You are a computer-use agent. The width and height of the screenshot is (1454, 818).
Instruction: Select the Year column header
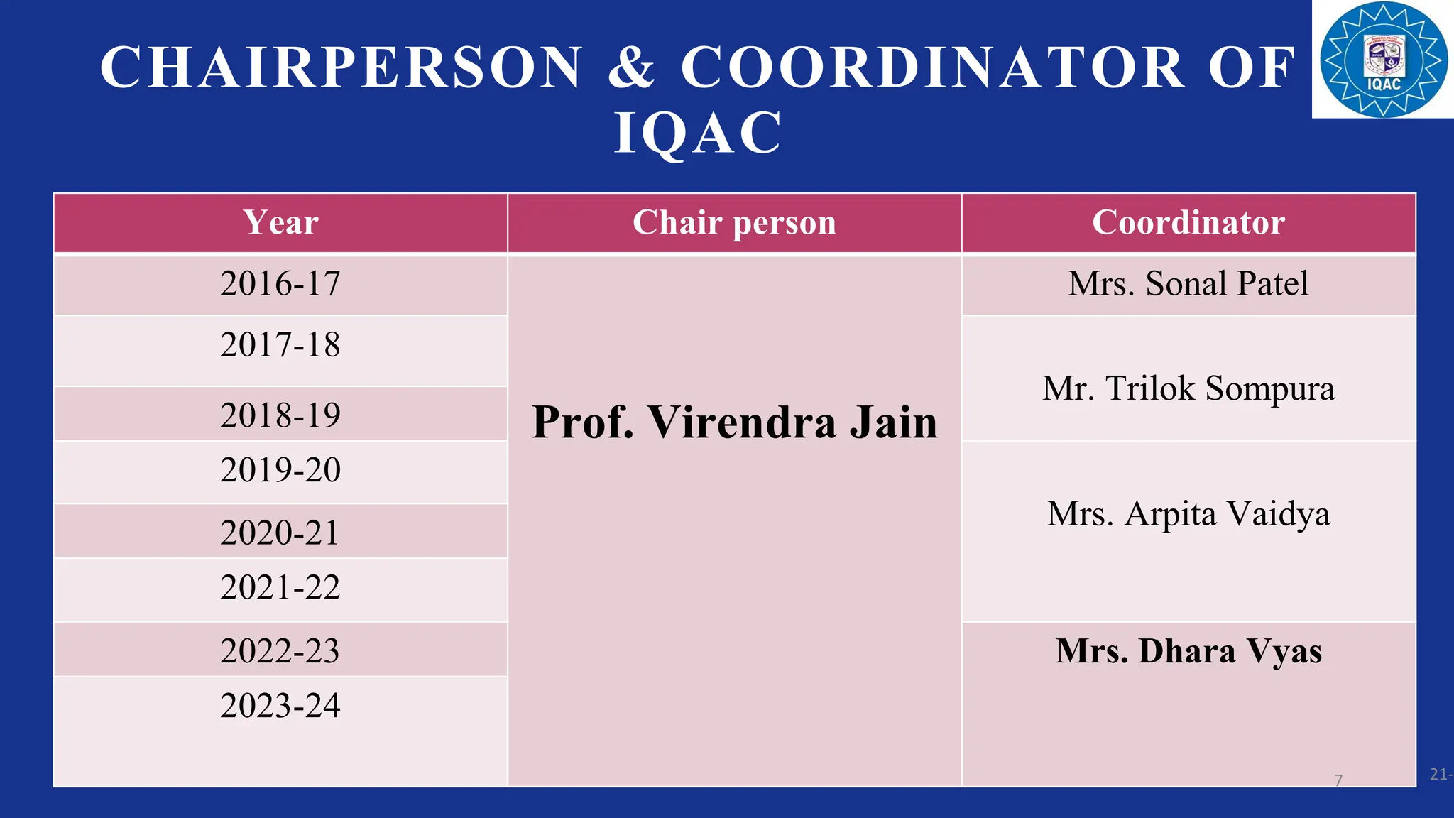click(280, 222)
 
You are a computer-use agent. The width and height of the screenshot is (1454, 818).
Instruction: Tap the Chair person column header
click(734, 222)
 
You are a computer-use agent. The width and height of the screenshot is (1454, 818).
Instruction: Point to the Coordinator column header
click(1188, 222)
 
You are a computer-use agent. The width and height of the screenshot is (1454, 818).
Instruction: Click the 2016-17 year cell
click(280, 283)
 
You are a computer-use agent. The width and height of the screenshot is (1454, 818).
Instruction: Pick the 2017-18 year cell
click(280, 345)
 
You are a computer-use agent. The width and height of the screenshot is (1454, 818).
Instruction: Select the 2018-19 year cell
click(280, 415)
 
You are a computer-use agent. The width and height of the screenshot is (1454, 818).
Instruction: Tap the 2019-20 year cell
click(280, 470)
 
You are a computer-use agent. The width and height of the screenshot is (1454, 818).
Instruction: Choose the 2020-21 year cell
click(280, 533)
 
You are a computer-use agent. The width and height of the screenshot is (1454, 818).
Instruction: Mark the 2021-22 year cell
click(280, 588)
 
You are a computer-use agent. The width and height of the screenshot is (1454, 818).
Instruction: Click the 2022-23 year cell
click(280, 651)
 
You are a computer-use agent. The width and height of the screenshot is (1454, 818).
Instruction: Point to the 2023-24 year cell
click(280, 706)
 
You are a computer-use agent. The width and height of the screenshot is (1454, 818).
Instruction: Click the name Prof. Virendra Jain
click(734, 422)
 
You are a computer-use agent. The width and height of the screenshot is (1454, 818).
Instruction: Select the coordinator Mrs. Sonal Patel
click(1188, 283)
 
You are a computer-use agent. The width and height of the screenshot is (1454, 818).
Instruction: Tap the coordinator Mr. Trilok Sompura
click(1188, 388)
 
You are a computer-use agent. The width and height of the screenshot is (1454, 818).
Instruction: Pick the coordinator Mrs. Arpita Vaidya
click(1188, 513)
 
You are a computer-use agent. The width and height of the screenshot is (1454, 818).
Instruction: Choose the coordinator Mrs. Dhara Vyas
click(1188, 651)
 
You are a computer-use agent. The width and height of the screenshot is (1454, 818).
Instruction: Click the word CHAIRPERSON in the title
click(341, 67)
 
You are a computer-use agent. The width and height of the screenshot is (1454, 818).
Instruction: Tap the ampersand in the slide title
click(631, 67)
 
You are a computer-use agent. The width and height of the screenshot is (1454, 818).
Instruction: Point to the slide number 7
click(1338, 780)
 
